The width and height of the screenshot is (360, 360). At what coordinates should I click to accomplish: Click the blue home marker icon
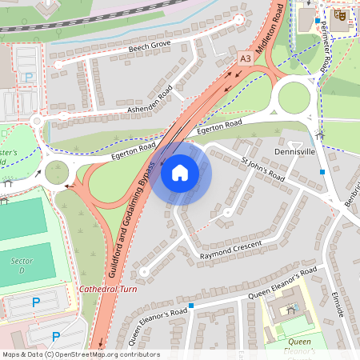(x=180, y=172)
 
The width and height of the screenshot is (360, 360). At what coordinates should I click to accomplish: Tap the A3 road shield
(x=246, y=58)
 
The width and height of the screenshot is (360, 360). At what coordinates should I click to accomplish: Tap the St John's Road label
(x=263, y=168)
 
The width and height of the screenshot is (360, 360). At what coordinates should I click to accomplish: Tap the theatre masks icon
(x=340, y=14)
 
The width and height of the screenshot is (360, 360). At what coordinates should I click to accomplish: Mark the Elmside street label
(x=337, y=303)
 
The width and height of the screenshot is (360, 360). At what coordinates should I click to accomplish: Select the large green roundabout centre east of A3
(x=293, y=99)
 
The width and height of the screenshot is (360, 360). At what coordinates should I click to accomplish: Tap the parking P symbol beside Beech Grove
(x=30, y=78)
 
